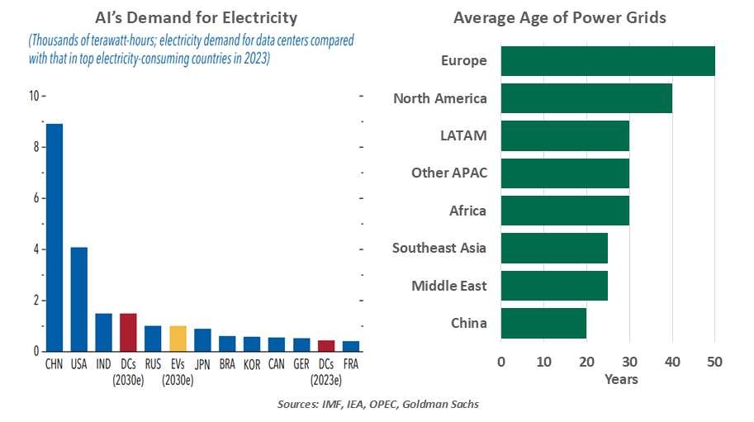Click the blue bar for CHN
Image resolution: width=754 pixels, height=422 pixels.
(55, 238)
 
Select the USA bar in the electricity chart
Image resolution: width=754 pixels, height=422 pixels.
(79, 299)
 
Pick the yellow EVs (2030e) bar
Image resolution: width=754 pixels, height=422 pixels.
(178, 339)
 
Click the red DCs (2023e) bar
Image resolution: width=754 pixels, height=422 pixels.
(326, 345)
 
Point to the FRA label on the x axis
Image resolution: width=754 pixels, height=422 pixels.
(351, 363)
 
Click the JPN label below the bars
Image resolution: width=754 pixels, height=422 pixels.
(202, 363)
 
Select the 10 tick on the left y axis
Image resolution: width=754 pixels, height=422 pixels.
(33, 96)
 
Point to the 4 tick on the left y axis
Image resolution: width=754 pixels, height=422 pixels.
(35, 249)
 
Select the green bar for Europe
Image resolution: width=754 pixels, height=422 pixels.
(607, 61)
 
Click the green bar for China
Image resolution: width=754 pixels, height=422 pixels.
(543, 323)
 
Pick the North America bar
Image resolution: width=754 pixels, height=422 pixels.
(586, 98)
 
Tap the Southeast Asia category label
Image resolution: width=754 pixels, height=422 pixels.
(439, 248)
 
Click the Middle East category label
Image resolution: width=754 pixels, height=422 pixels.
(448, 286)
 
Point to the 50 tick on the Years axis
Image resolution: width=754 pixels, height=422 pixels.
(714, 361)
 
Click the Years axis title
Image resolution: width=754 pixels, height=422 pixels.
(620, 379)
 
